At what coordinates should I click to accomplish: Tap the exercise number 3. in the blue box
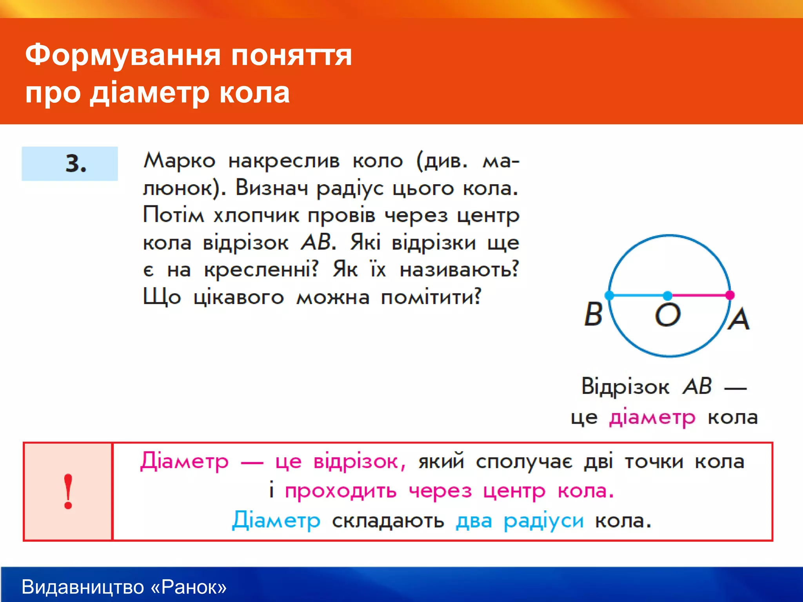pos(76,163)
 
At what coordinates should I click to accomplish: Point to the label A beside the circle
pos(739,319)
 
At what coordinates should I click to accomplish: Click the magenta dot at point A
pos(730,295)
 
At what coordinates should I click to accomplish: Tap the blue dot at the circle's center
pos(667,295)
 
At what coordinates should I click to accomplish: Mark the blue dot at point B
pos(609,295)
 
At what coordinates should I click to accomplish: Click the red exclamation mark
pos(68,491)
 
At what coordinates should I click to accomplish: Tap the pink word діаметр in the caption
pos(652,418)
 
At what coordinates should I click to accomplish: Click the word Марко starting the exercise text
pos(179,161)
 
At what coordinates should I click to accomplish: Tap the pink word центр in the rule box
pos(514,491)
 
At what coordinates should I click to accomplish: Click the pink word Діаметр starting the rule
pos(184,462)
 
